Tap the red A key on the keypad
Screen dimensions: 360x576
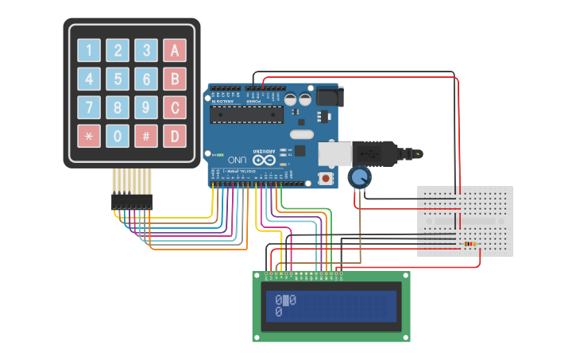point(174,51)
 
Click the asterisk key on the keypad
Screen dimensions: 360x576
point(89,135)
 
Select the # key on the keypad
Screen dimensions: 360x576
point(145,135)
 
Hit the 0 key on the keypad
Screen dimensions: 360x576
point(118,135)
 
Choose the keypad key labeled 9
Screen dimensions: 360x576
point(145,106)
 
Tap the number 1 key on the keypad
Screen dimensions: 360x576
point(89,51)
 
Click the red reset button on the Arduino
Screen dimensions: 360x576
point(326,179)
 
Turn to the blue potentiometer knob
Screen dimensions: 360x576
point(359,177)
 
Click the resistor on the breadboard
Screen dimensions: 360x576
point(470,244)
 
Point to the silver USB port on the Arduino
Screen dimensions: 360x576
point(334,153)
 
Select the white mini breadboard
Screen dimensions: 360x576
point(465,221)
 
